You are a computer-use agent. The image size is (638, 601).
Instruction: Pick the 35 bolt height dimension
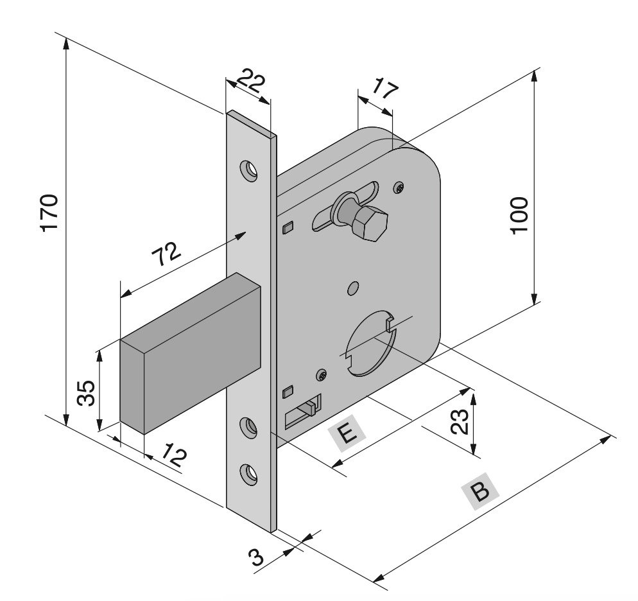point(86,393)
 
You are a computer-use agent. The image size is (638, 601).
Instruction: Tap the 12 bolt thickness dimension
point(172,457)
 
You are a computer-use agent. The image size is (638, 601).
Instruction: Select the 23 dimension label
point(460,422)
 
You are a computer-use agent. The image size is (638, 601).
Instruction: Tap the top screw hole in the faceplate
point(248,170)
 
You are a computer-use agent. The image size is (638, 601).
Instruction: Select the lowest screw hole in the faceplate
point(248,473)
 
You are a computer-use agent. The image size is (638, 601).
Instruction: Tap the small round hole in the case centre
point(352,288)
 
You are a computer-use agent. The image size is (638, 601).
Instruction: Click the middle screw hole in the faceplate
point(248,424)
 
